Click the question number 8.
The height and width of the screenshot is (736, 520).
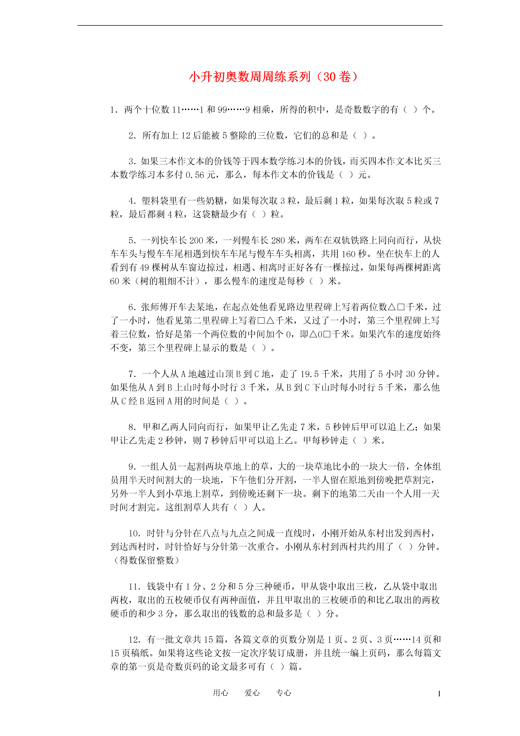132,427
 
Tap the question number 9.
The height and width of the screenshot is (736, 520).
132,467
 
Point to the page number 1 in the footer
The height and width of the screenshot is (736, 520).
439,694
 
